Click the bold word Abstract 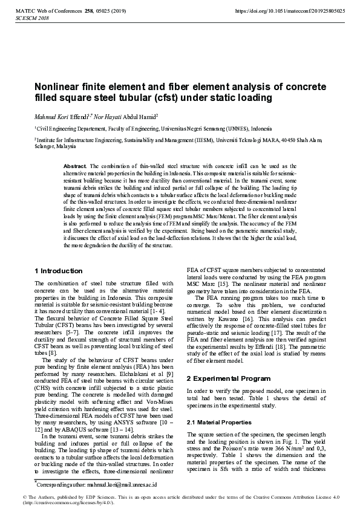click(x=75, y=166)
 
